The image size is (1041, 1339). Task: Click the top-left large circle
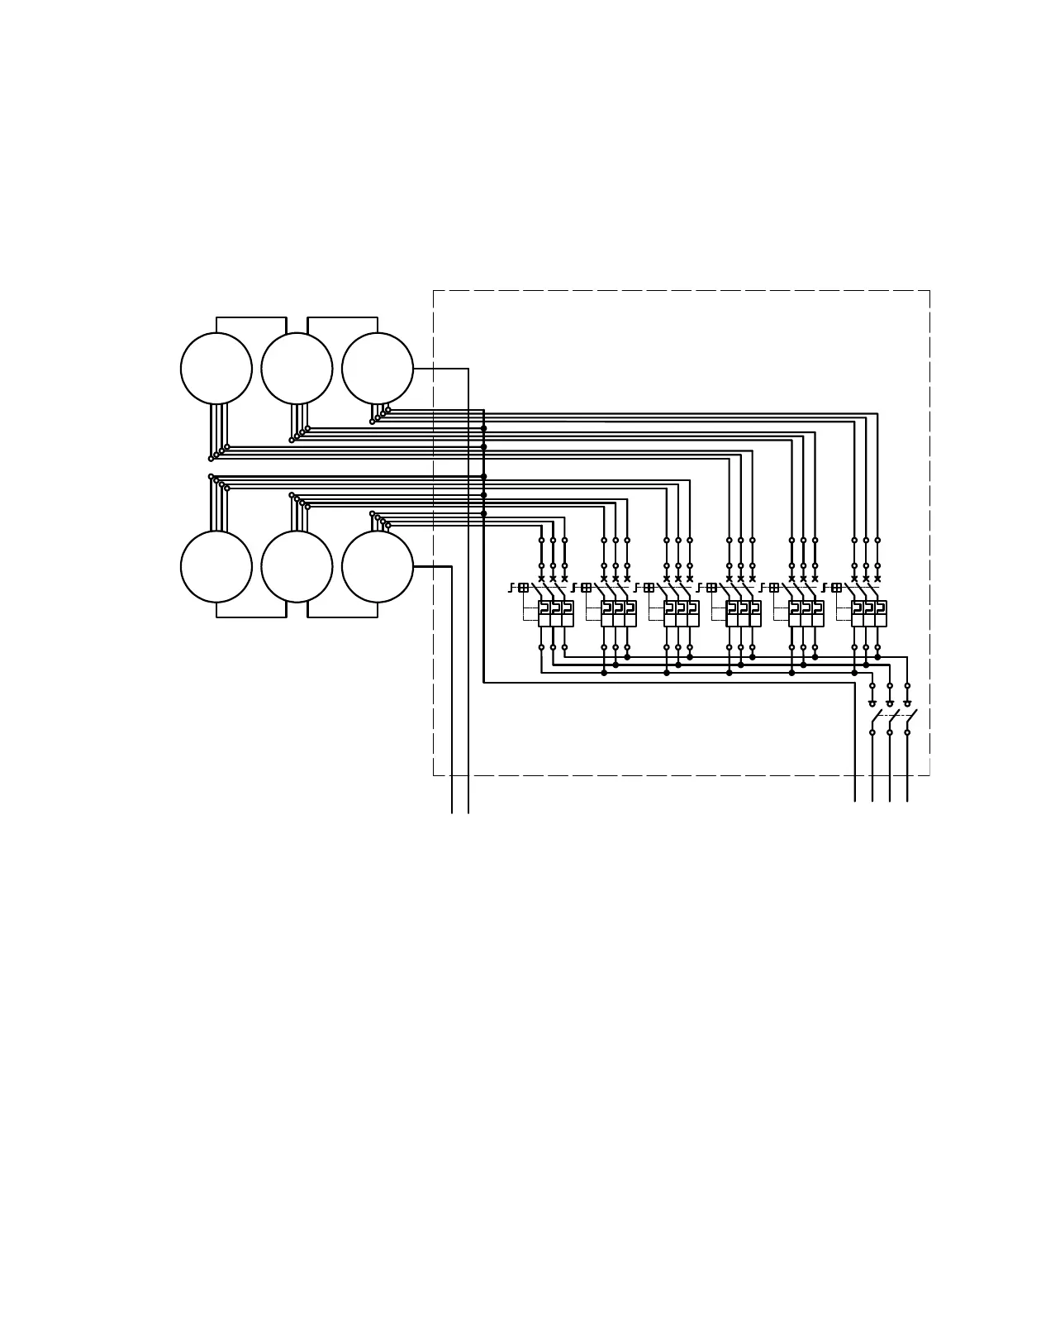click(x=216, y=369)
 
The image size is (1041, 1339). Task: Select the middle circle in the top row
click(x=297, y=369)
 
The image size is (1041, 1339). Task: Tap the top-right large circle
click(x=378, y=369)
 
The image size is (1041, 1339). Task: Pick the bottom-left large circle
click(x=216, y=566)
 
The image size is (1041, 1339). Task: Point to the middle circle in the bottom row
click(x=297, y=566)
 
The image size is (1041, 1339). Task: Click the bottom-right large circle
click(x=378, y=566)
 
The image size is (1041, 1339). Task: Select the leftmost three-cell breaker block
click(x=556, y=613)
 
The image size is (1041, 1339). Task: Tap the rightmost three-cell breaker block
click(x=869, y=613)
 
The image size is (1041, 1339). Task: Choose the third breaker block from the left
click(x=682, y=613)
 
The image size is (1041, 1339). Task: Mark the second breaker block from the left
click(x=619, y=613)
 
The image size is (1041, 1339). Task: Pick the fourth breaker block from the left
click(x=744, y=613)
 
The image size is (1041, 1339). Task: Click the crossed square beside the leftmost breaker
click(x=524, y=588)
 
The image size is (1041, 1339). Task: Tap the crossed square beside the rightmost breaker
click(x=837, y=588)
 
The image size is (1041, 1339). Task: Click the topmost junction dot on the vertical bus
click(x=484, y=428)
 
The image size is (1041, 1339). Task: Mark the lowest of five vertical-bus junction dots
click(x=484, y=513)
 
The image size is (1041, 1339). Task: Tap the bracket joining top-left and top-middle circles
click(x=251, y=318)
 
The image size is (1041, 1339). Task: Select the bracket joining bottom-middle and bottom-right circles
click(x=342, y=616)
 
